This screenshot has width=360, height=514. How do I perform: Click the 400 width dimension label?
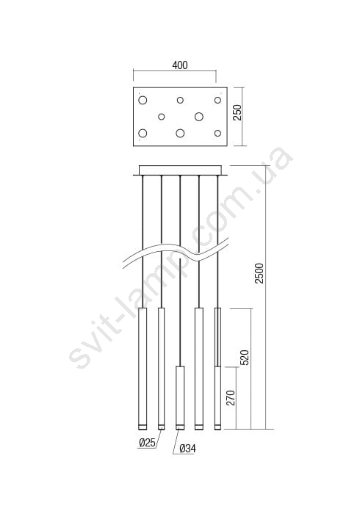180,65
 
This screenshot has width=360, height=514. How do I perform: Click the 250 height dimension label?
237,112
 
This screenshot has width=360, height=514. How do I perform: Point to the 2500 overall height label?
259,273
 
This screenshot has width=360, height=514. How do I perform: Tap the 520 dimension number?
245,358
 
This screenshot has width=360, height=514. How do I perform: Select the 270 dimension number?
231,398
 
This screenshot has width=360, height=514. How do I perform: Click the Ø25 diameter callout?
147,443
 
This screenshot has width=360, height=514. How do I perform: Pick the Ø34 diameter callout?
188,449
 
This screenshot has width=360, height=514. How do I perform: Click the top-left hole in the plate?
143,100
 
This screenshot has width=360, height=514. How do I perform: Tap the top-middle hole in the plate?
180,100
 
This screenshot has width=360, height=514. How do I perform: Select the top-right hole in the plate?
217,100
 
